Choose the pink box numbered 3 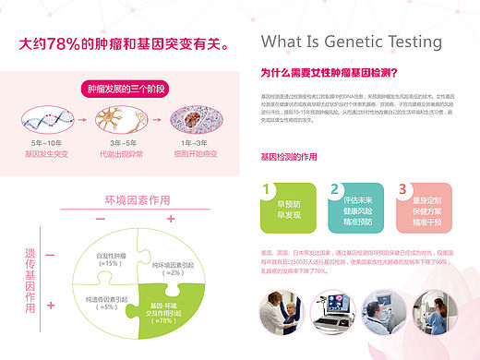[422, 207]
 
